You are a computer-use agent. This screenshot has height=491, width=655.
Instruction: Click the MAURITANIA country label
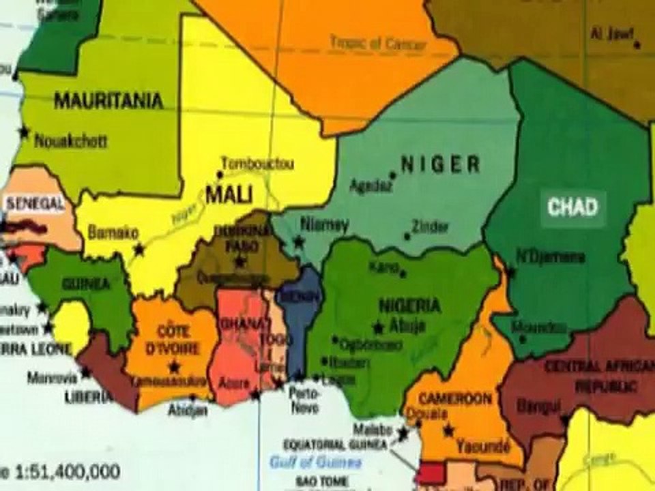click(108, 101)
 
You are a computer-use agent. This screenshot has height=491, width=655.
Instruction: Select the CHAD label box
click(573, 207)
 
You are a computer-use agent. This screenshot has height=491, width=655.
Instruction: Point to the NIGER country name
click(440, 164)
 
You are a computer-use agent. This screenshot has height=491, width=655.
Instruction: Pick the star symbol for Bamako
click(139, 250)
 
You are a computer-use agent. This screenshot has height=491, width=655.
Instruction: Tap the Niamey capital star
click(298, 241)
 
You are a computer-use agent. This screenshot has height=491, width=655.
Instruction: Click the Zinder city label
click(431, 227)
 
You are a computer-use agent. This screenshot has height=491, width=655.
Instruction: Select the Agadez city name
click(371, 185)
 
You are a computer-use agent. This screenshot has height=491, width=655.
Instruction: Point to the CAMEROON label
click(455, 398)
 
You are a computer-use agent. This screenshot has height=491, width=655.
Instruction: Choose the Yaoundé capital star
click(448, 431)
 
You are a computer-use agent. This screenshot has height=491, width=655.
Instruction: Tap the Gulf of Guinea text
click(315, 462)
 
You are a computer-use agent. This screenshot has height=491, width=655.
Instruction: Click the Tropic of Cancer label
click(378, 42)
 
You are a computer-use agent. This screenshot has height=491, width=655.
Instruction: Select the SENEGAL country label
click(35, 203)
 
